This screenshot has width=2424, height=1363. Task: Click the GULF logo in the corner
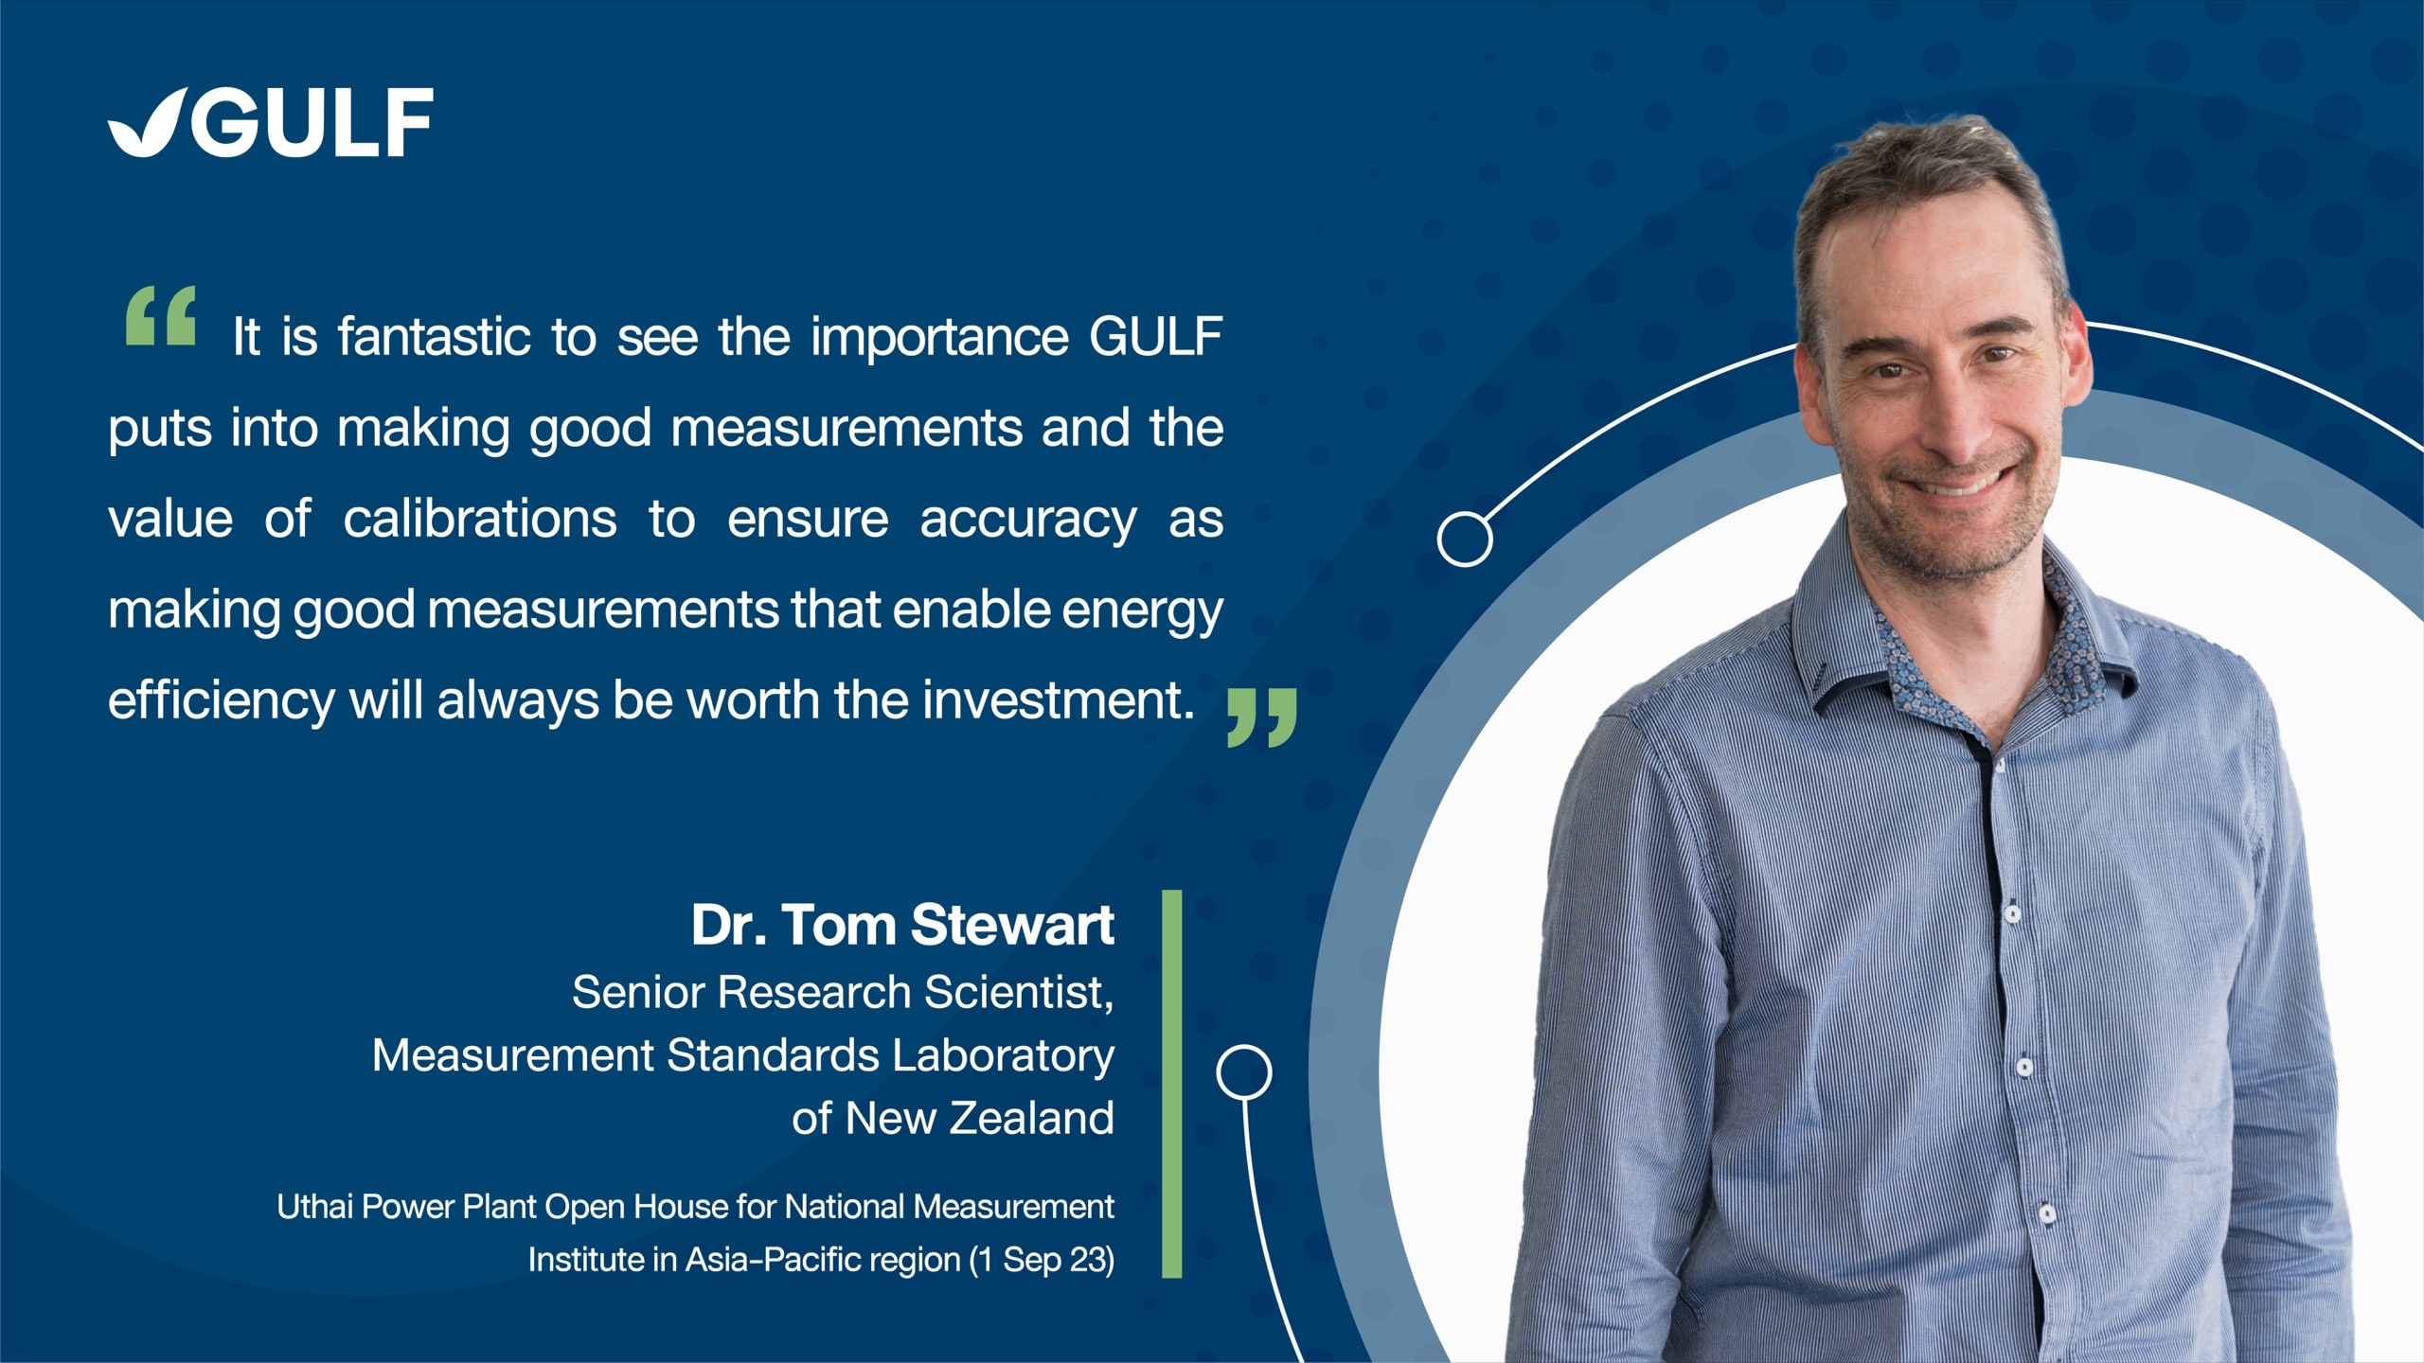click(x=271, y=122)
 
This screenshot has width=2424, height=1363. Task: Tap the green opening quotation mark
click(x=161, y=315)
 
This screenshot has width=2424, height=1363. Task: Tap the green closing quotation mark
click(x=1262, y=718)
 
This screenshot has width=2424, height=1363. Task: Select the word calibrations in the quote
click(x=480, y=519)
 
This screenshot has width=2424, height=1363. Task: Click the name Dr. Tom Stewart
click(x=902, y=924)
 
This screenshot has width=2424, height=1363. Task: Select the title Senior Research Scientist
click(x=843, y=993)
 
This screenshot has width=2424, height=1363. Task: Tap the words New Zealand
click(x=980, y=1118)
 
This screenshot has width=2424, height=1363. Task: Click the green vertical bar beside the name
click(x=1172, y=1084)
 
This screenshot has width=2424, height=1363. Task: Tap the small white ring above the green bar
click(x=1244, y=1072)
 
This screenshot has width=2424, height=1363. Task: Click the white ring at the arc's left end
click(x=1465, y=539)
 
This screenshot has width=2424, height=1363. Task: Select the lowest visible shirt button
click(x=2046, y=1213)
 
